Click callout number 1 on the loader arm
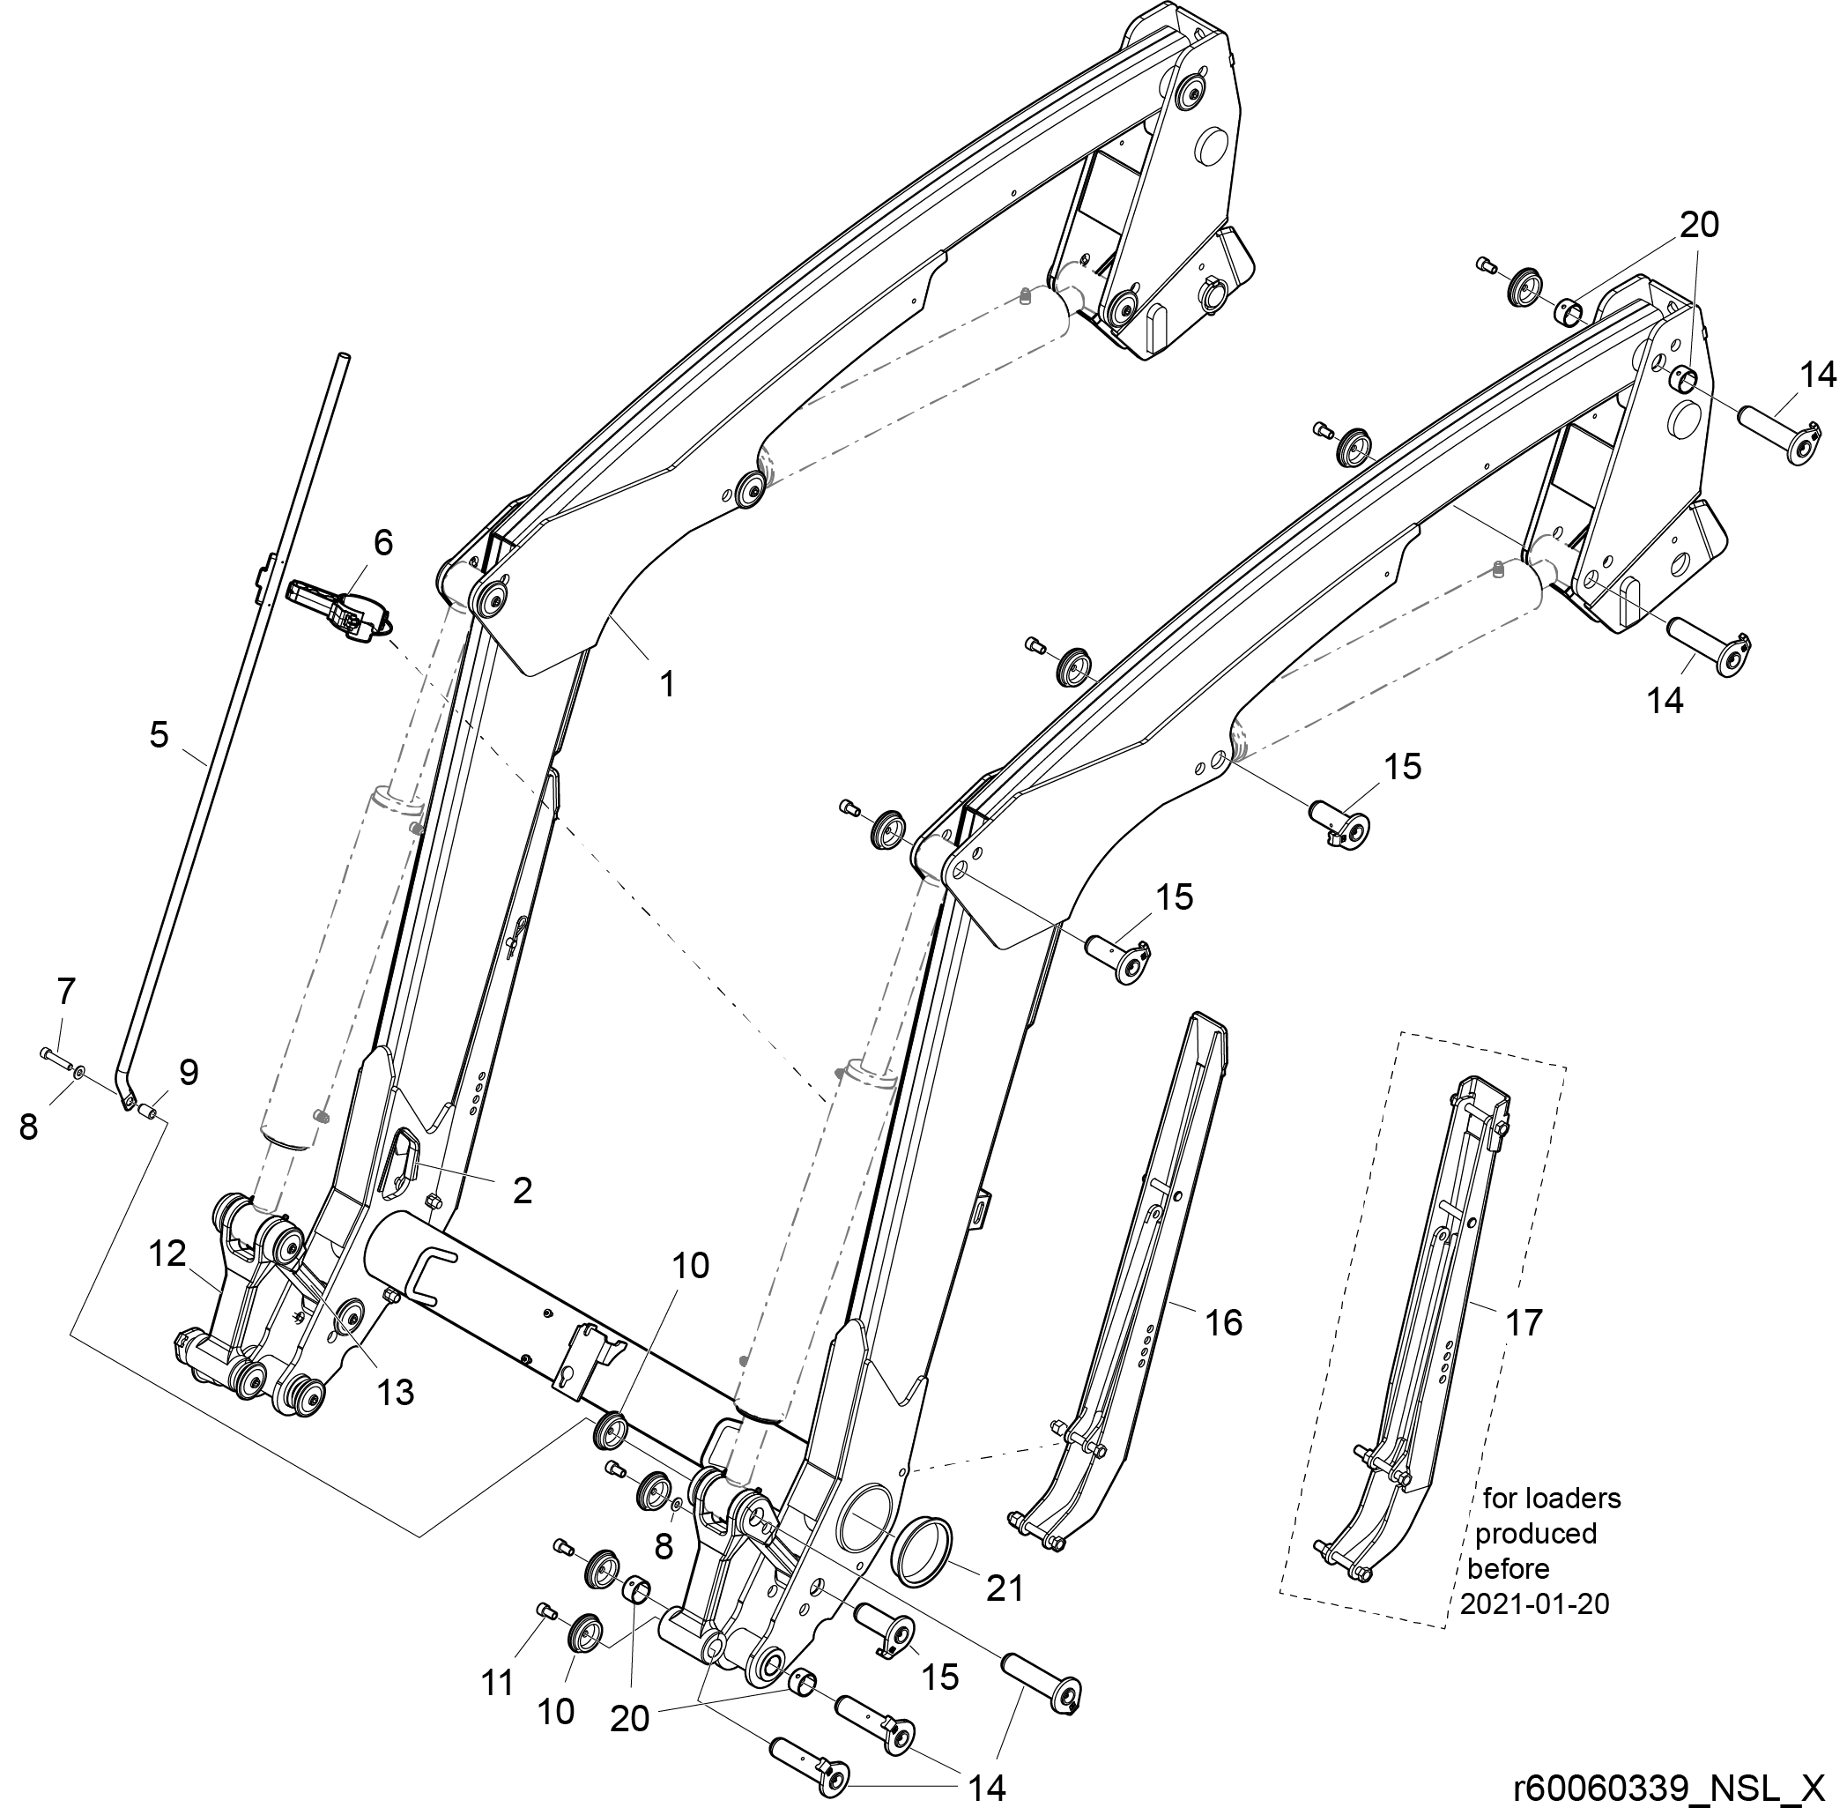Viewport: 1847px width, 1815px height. coord(668,683)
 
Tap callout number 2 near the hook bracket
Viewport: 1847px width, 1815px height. coord(522,1191)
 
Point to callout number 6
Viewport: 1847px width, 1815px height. coord(382,542)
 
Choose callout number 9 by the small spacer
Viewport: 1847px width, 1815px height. coord(189,1073)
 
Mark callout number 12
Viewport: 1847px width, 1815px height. coord(167,1253)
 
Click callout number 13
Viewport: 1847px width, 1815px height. coord(396,1392)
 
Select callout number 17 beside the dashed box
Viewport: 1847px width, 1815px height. coord(1523,1322)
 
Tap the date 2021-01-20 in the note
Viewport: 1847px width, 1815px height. coord(1533,1603)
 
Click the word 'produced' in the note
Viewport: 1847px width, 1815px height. coord(1535,1533)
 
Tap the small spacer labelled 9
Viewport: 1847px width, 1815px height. coord(148,1110)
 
